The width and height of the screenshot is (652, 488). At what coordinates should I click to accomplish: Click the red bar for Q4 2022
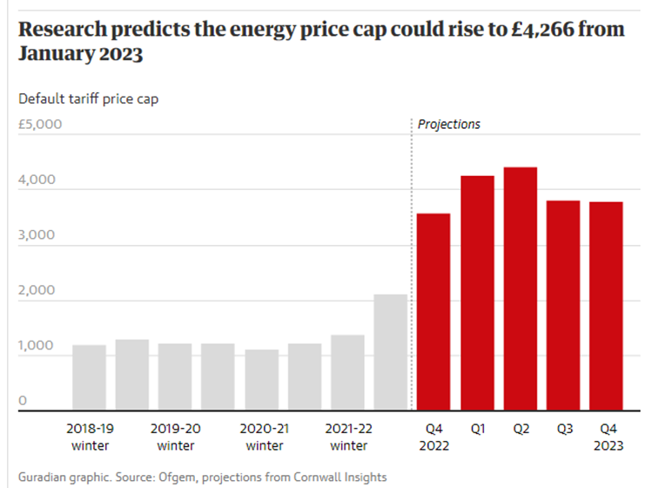pyautogui.click(x=434, y=311)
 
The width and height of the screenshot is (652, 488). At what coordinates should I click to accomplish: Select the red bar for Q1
pyautogui.click(x=477, y=293)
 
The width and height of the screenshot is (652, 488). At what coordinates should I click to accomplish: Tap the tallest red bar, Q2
pyautogui.click(x=520, y=288)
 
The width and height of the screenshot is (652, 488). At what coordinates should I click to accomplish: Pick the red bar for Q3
pyautogui.click(x=563, y=305)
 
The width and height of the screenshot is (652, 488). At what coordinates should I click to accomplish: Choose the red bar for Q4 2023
pyautogui.click(x=606, y=306)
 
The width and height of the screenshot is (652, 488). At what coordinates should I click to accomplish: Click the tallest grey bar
pyautogui.click(x=391, y=352)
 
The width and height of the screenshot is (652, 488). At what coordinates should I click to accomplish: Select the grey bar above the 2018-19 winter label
pyautogui.click(x=89, y=377)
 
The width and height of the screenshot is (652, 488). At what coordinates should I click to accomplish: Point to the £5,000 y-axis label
pyautogui.click(x=40, y=125)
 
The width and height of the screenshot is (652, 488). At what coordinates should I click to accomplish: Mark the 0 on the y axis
pyautogui.click(x=24, y=401)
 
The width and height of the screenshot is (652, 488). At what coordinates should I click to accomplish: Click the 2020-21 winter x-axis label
pyautogui.click(x=265, y=437)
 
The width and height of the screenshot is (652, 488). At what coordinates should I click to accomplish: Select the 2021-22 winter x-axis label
pyautogui.click(x=349, y=437)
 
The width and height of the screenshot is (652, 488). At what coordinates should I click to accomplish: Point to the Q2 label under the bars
pyautogui.click(x=521, y=429)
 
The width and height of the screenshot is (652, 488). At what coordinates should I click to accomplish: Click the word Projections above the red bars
pyautogui.click(x=449, y=125)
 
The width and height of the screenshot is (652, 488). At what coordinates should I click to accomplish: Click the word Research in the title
pyautogui.click(x=64, y=29)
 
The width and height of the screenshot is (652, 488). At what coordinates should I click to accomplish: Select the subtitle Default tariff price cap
pyautogui.click(x=89, y=98)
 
